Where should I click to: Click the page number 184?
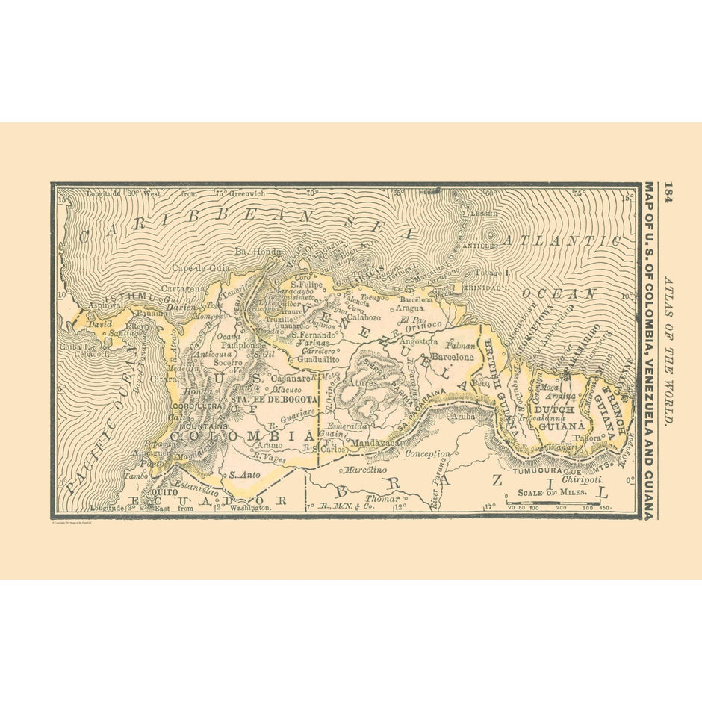coord(667,193)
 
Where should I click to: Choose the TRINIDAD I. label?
coord(486,286)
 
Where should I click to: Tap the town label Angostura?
coord(420,341)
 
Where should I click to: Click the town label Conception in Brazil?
coord(428,453)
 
